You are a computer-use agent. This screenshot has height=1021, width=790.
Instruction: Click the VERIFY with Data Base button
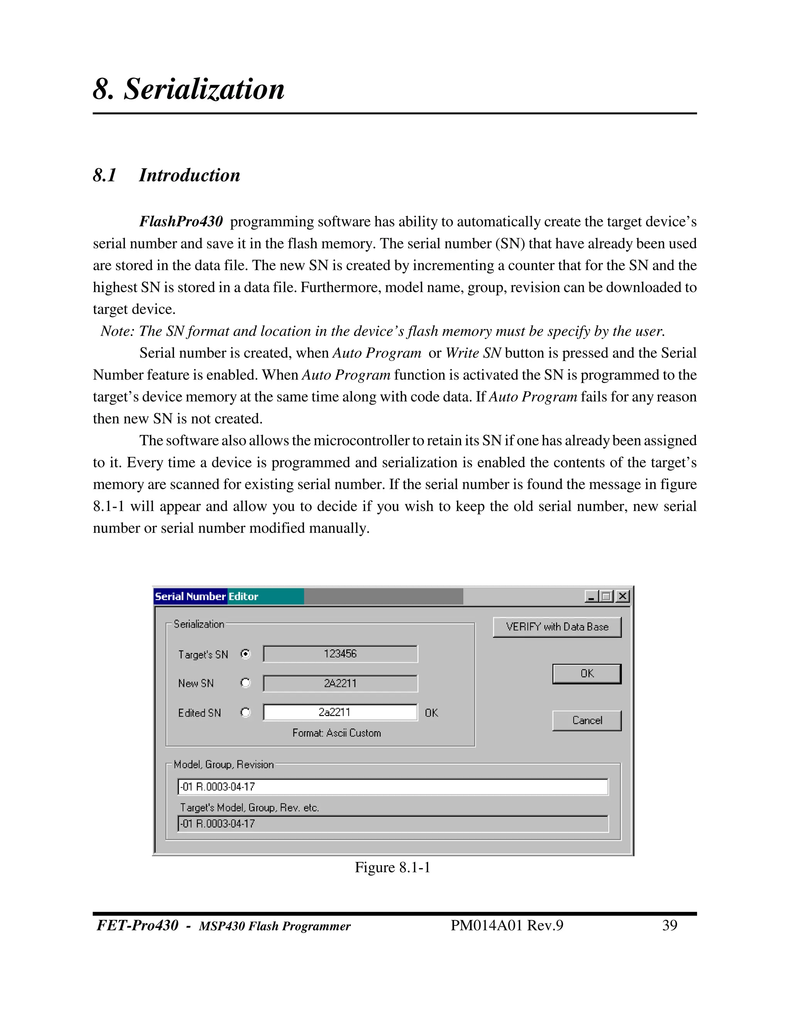tap(557, 627)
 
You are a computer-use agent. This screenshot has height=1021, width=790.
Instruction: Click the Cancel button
tap(587, 720)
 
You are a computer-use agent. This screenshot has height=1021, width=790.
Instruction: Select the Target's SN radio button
tap(245, 654)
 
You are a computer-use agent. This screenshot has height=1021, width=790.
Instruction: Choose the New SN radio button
tap(245, 683)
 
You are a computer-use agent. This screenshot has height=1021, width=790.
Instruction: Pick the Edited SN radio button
tap(245, 712)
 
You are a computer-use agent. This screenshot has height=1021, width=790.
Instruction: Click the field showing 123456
tap(340, 654)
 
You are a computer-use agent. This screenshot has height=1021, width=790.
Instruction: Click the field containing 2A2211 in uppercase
tap(340, 683)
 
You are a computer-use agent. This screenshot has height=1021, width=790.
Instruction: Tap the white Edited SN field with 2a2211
tap(340, 712)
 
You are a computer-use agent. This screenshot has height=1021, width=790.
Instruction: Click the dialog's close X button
tap(623, 596)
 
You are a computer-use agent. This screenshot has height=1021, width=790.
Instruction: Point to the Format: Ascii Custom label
tap(336, 733)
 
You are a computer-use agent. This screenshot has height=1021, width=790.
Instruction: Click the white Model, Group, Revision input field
tap(393, 787)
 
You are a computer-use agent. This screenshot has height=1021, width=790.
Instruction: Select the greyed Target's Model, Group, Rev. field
tap(393, 824)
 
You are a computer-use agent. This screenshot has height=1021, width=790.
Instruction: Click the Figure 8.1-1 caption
tap(392, 868)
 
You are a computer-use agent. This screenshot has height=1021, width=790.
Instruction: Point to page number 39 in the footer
tap(669, 925)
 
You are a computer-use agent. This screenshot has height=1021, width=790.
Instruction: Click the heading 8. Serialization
tap(189, 89)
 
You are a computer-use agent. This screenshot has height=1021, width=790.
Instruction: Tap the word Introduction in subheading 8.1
tap(189, 175)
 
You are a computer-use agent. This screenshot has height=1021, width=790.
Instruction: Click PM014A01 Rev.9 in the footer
tap(507, 925)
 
